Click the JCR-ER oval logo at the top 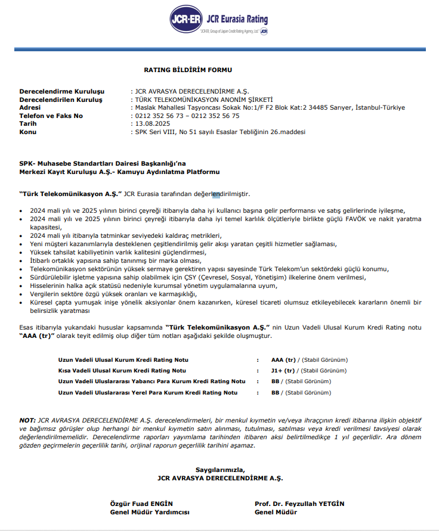(x=186, y=20)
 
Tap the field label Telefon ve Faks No (x=51, y=116)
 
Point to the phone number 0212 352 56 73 (x=158, y=116)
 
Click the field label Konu (x=29, y=132)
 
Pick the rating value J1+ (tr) (x=283, y=371)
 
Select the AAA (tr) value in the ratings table (x=283, y=360)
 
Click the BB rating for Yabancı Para (x=276, y=381)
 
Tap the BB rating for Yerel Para (x=276, y=393)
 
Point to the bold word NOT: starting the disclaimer (x=27, y=420)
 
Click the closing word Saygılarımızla (x=219, y=470)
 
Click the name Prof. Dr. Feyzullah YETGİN (x=299, y=504)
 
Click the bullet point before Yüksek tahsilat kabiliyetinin (x=22, y=252)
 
